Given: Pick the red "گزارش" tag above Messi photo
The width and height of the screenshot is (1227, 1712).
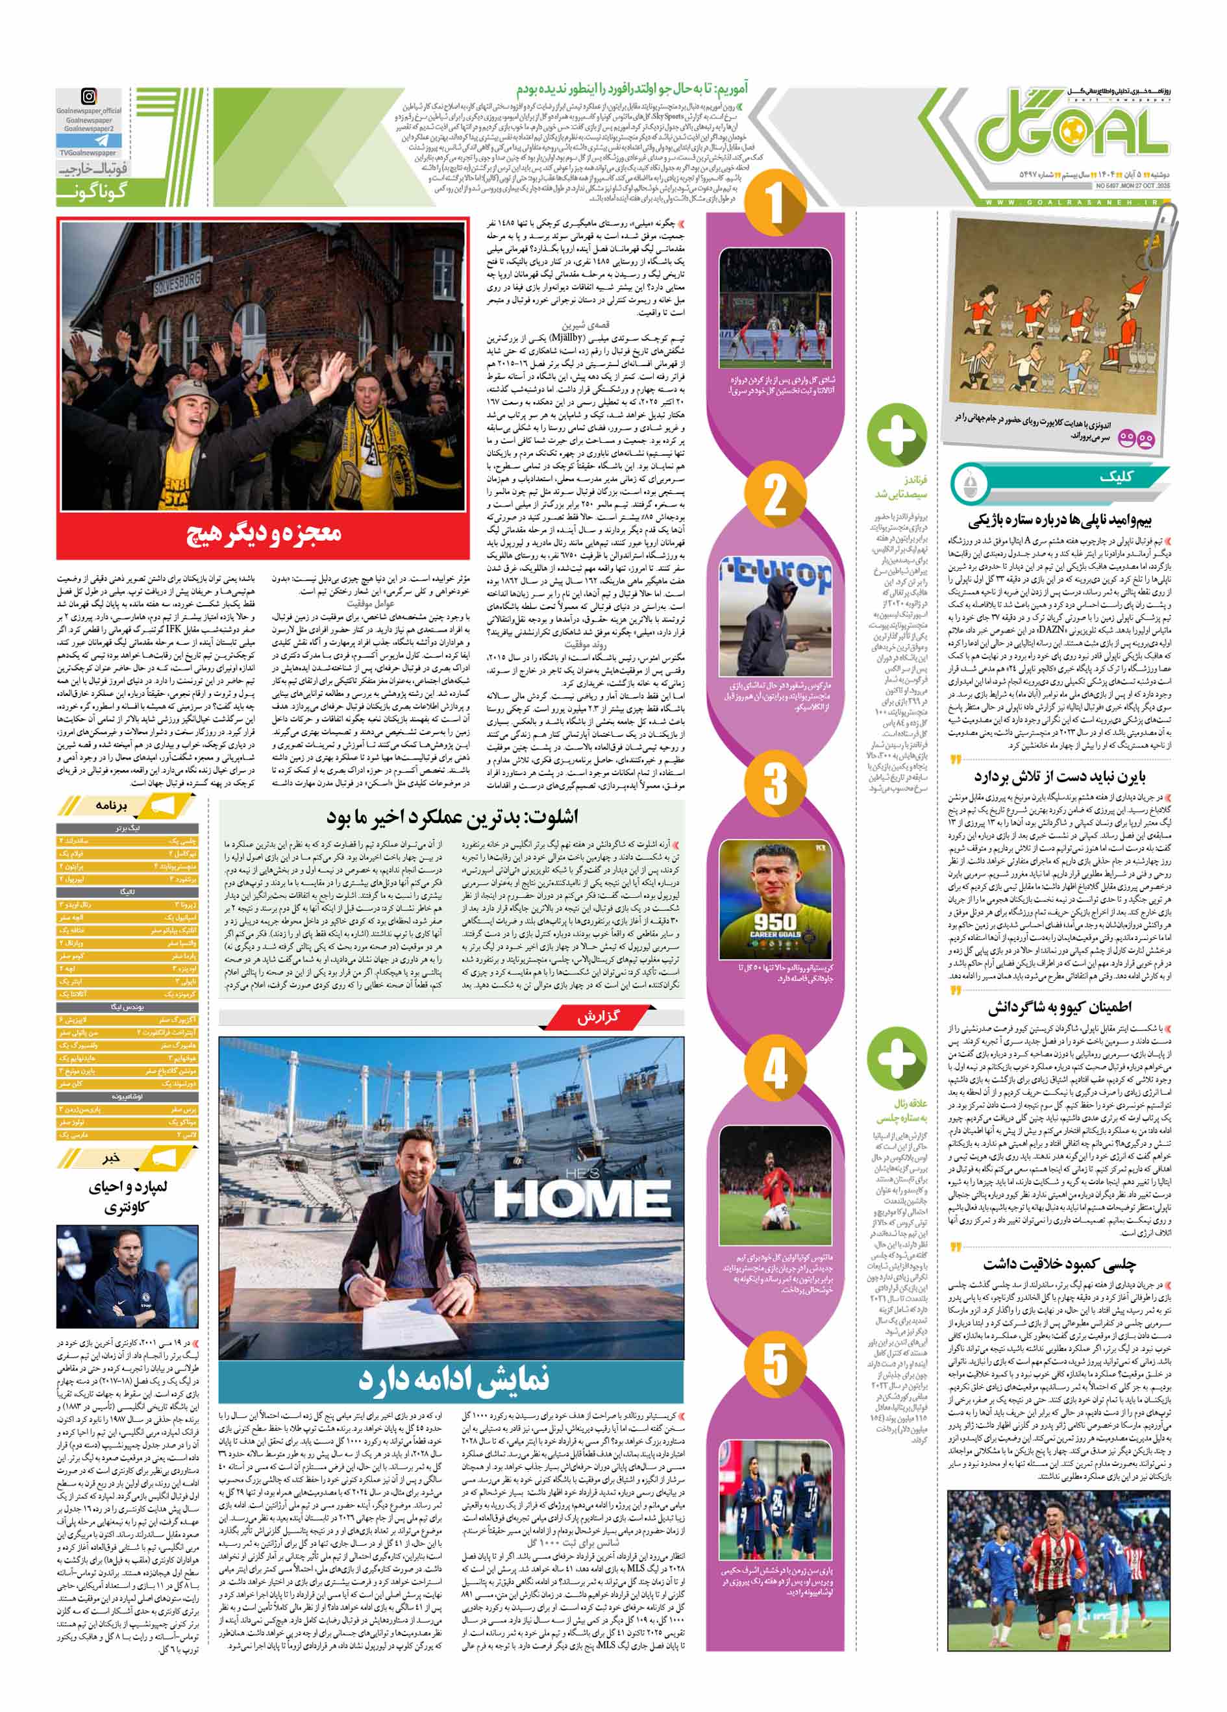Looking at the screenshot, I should [601, 1017].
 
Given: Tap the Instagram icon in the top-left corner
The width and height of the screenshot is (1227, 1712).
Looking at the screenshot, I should [89, 97].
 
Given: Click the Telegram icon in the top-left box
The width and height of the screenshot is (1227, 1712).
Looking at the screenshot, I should [88, 140].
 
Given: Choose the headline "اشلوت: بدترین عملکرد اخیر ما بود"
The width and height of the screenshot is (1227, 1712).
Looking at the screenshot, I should [452, 817].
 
